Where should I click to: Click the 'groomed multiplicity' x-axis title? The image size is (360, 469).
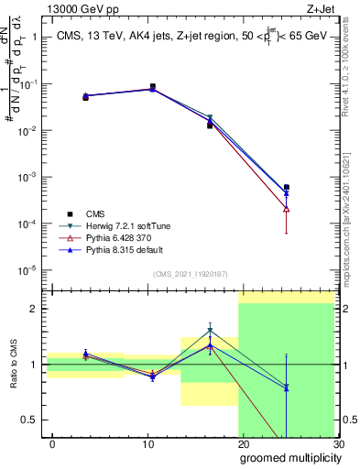click(289, 457)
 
